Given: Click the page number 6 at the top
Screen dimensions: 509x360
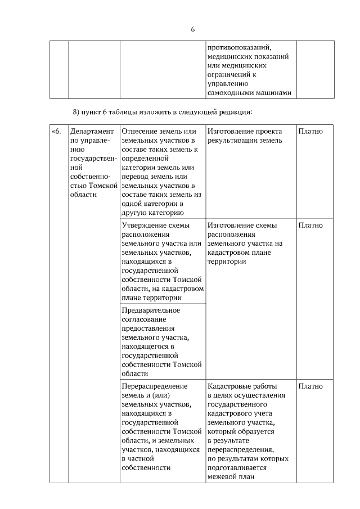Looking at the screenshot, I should click(192, 30).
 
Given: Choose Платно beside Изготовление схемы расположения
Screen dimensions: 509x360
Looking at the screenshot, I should click(310, 226).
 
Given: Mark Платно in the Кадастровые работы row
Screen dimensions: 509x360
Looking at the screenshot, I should click(310, 386).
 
